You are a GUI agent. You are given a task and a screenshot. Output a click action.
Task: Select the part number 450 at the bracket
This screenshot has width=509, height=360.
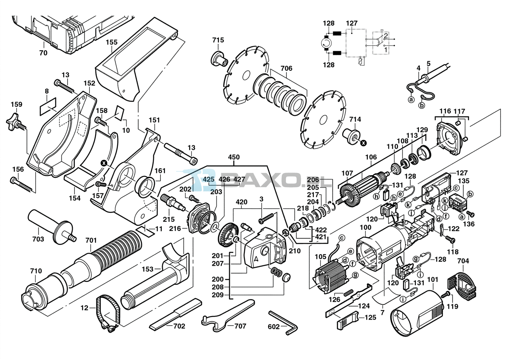pos(234,157)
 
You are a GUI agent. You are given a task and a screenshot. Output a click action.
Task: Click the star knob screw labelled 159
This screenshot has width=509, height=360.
pos(17,123)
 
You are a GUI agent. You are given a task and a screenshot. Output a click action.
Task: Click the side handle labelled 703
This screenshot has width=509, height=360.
pos(51,227)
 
